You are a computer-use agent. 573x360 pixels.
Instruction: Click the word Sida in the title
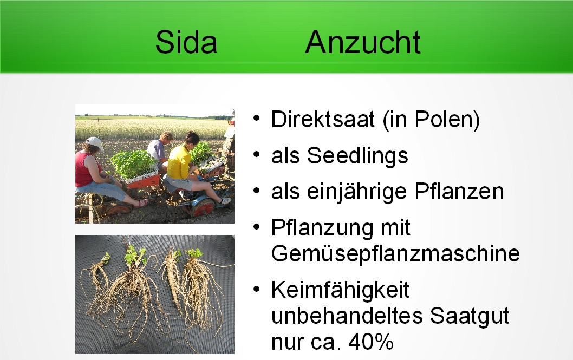pyautogui.click(x=186, y=42)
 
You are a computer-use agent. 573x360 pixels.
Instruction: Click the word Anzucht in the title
pyautogui.click(x=363, y=42)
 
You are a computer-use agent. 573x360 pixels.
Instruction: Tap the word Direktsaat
pyautogui.click(x=323, y=119)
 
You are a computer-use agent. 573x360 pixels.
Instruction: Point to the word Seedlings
pyautogui.click(x=357, y=156)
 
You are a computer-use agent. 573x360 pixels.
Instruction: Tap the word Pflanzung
pyautogui.click(x=322, y=228)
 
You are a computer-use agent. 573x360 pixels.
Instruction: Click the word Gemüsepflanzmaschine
pyautogui.click(x=395, y=254)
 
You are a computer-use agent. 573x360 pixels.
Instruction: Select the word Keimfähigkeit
pyautogui.click(x=340, y=291)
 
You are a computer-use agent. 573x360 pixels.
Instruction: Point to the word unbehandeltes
pyautogui.click(x=347, y=316)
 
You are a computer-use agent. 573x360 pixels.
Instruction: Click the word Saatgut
pyautogui.click(x=469, y=317)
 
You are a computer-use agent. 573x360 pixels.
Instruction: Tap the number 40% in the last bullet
pyautogui.click(x=370, y=342)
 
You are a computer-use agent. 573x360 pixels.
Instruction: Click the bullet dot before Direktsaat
pyautogui.click(x=257, y=119)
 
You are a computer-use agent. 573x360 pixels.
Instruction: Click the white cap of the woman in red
pyautogui.click(x=94, y=143)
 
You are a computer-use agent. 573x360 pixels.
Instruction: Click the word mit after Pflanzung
pyautogui.click(x=396, y=228)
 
